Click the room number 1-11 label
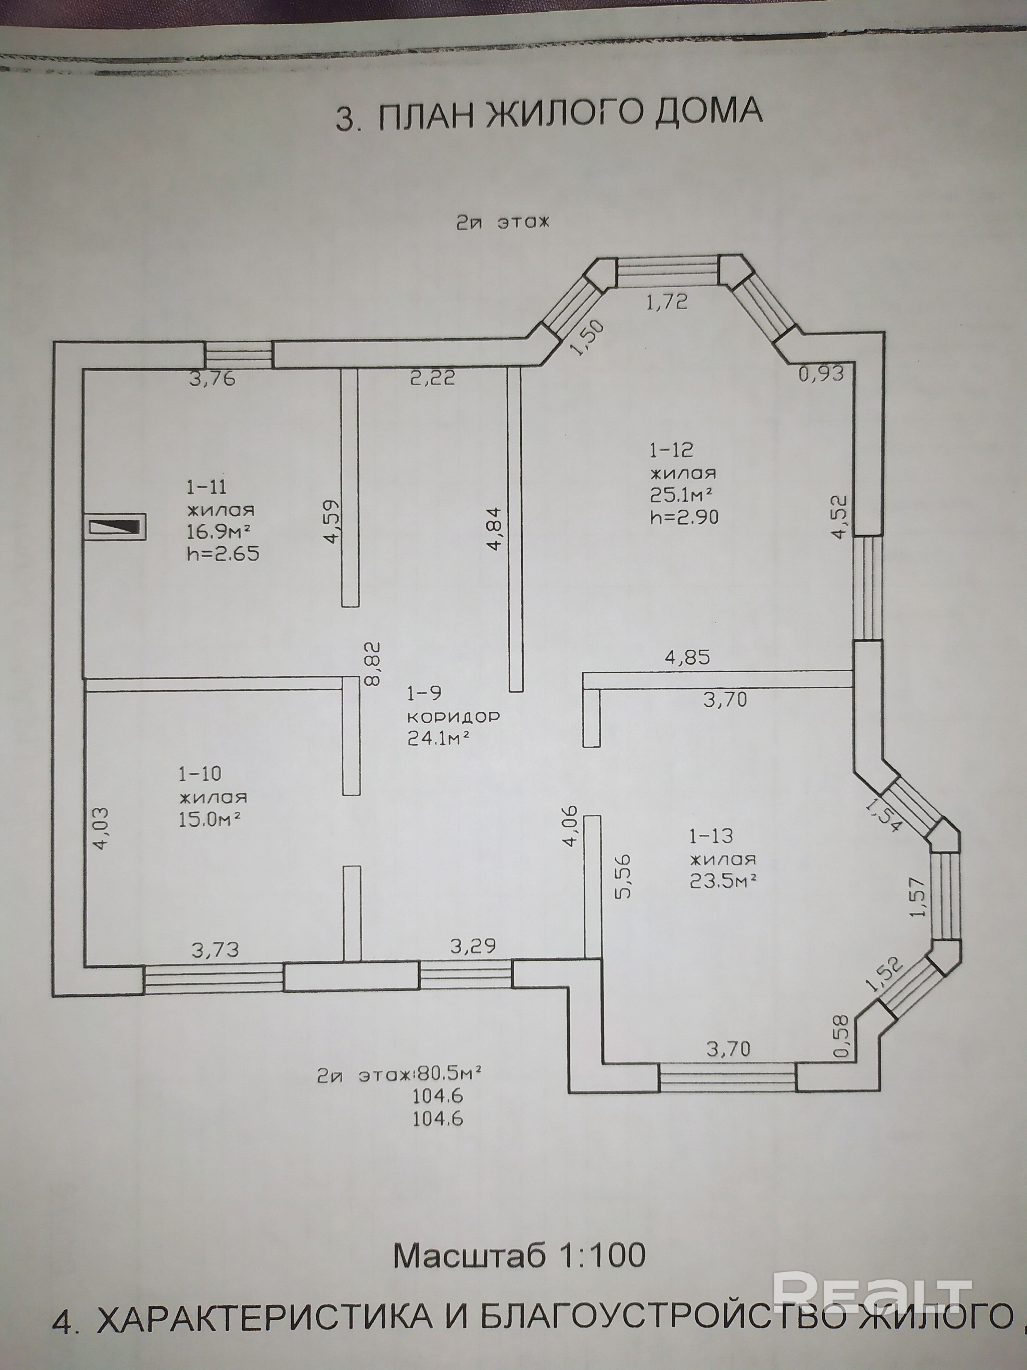(207, 487)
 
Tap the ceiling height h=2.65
(223, 552)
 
